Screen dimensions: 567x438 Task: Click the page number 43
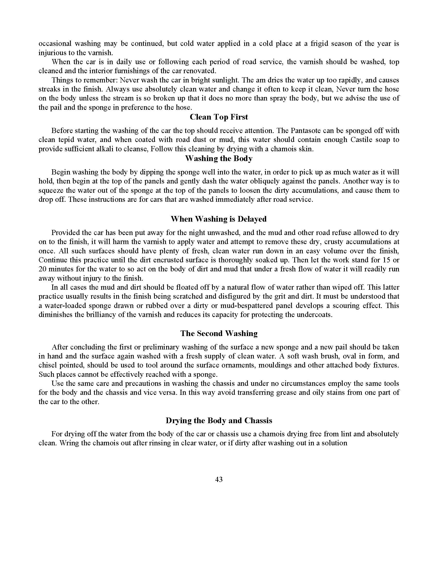tap(219, 480)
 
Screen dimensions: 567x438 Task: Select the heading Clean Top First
tap(219, 117)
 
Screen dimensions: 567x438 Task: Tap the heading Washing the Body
tap(219, 159)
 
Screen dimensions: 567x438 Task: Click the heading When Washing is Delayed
tap(218, 219)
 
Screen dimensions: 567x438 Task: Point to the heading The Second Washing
tap(219, 333)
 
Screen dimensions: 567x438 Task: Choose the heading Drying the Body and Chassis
tap(219, 421)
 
